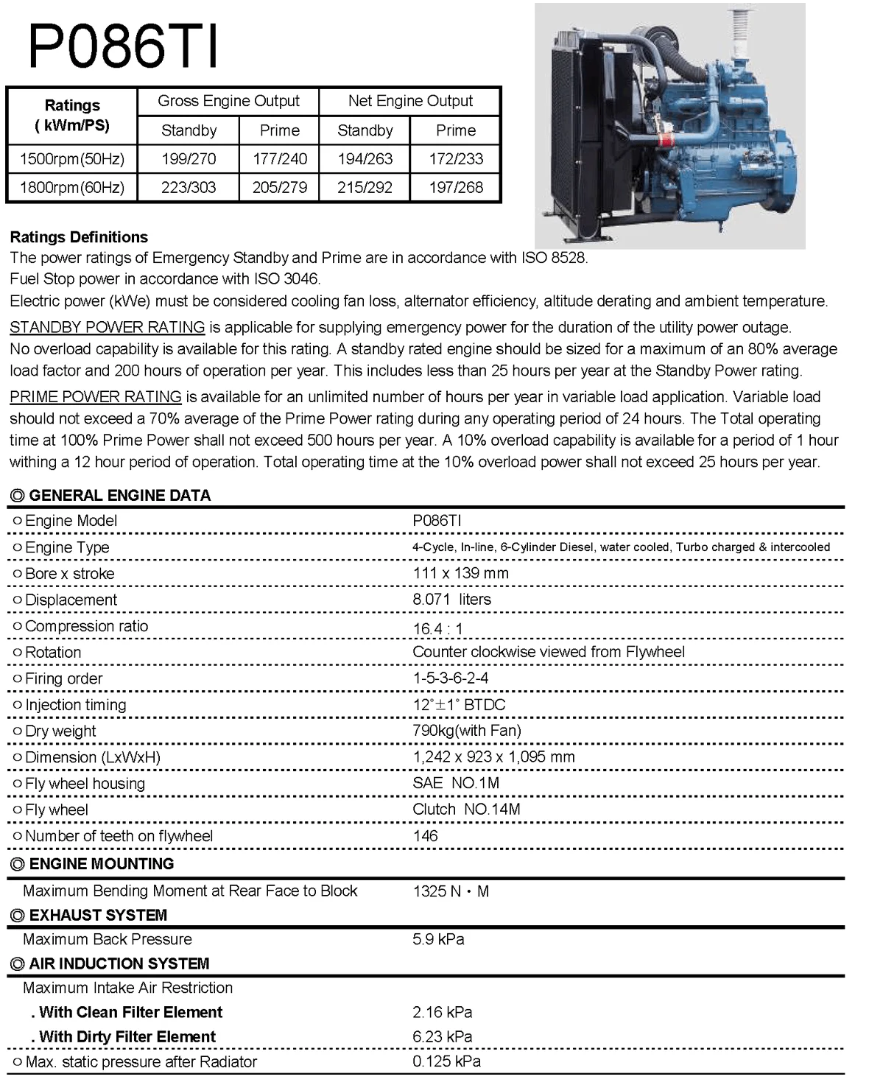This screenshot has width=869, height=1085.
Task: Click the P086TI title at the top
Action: click(x=123, y=45)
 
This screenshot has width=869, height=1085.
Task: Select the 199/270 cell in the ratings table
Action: click(x=189, y=159)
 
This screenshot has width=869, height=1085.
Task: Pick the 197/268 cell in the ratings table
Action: click(x=456, y=187)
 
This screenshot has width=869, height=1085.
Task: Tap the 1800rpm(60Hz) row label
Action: click(x=71, y=187)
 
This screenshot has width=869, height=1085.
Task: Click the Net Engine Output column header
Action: click(x=410, y=101)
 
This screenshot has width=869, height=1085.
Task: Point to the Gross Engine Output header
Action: click(x=228, y=101)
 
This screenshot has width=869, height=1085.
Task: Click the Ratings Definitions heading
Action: click(x=79, y=237)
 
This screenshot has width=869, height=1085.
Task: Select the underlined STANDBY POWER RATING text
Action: click(x=108, y=327)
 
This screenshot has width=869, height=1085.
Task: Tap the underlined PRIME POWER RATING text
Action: click(x=96, y=397)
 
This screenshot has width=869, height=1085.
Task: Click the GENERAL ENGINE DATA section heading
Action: click(x=119, y=496)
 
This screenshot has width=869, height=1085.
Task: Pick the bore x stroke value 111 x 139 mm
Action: click(x=460, y=573)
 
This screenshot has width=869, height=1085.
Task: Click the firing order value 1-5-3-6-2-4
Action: click(x=450, y=678)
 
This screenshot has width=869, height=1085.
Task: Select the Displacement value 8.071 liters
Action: click(x=451, y=600)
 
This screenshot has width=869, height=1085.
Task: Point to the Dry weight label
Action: click(x=60, y=731)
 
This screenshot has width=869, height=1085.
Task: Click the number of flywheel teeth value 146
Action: click(x=425, y=836)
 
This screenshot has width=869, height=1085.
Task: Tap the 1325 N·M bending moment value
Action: click(x=451, y=891)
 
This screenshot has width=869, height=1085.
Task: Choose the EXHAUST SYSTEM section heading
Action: click(x=98, y=916)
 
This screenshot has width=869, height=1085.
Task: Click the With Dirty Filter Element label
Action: click(x=127, y=1037)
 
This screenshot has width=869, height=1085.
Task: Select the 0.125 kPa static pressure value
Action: click(x=446, y=1061)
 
